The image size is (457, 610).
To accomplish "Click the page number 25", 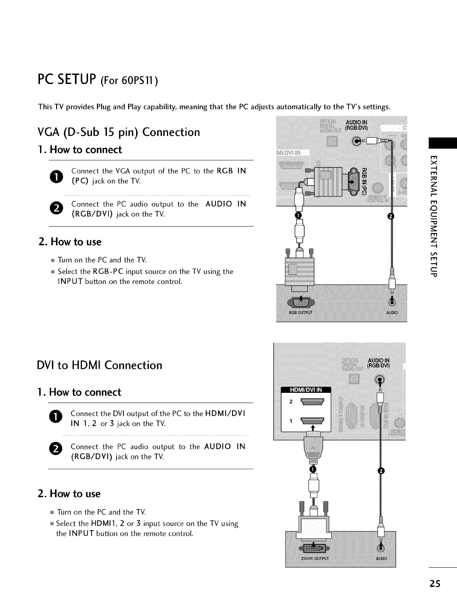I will click(435, 584).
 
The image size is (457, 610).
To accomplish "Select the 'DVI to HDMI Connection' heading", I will click(100, 365).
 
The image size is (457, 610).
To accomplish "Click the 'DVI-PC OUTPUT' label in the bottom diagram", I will click(314, 559).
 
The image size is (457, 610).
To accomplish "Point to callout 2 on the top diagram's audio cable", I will click(392, 216).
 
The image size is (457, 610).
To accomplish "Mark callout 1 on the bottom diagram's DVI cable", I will click(313, 469).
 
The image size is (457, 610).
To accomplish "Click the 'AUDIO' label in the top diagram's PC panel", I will click(392, 312).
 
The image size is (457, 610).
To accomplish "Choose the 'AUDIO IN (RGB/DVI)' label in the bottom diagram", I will click(379, 363).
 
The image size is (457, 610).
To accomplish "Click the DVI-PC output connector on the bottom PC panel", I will click(314, 548).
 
